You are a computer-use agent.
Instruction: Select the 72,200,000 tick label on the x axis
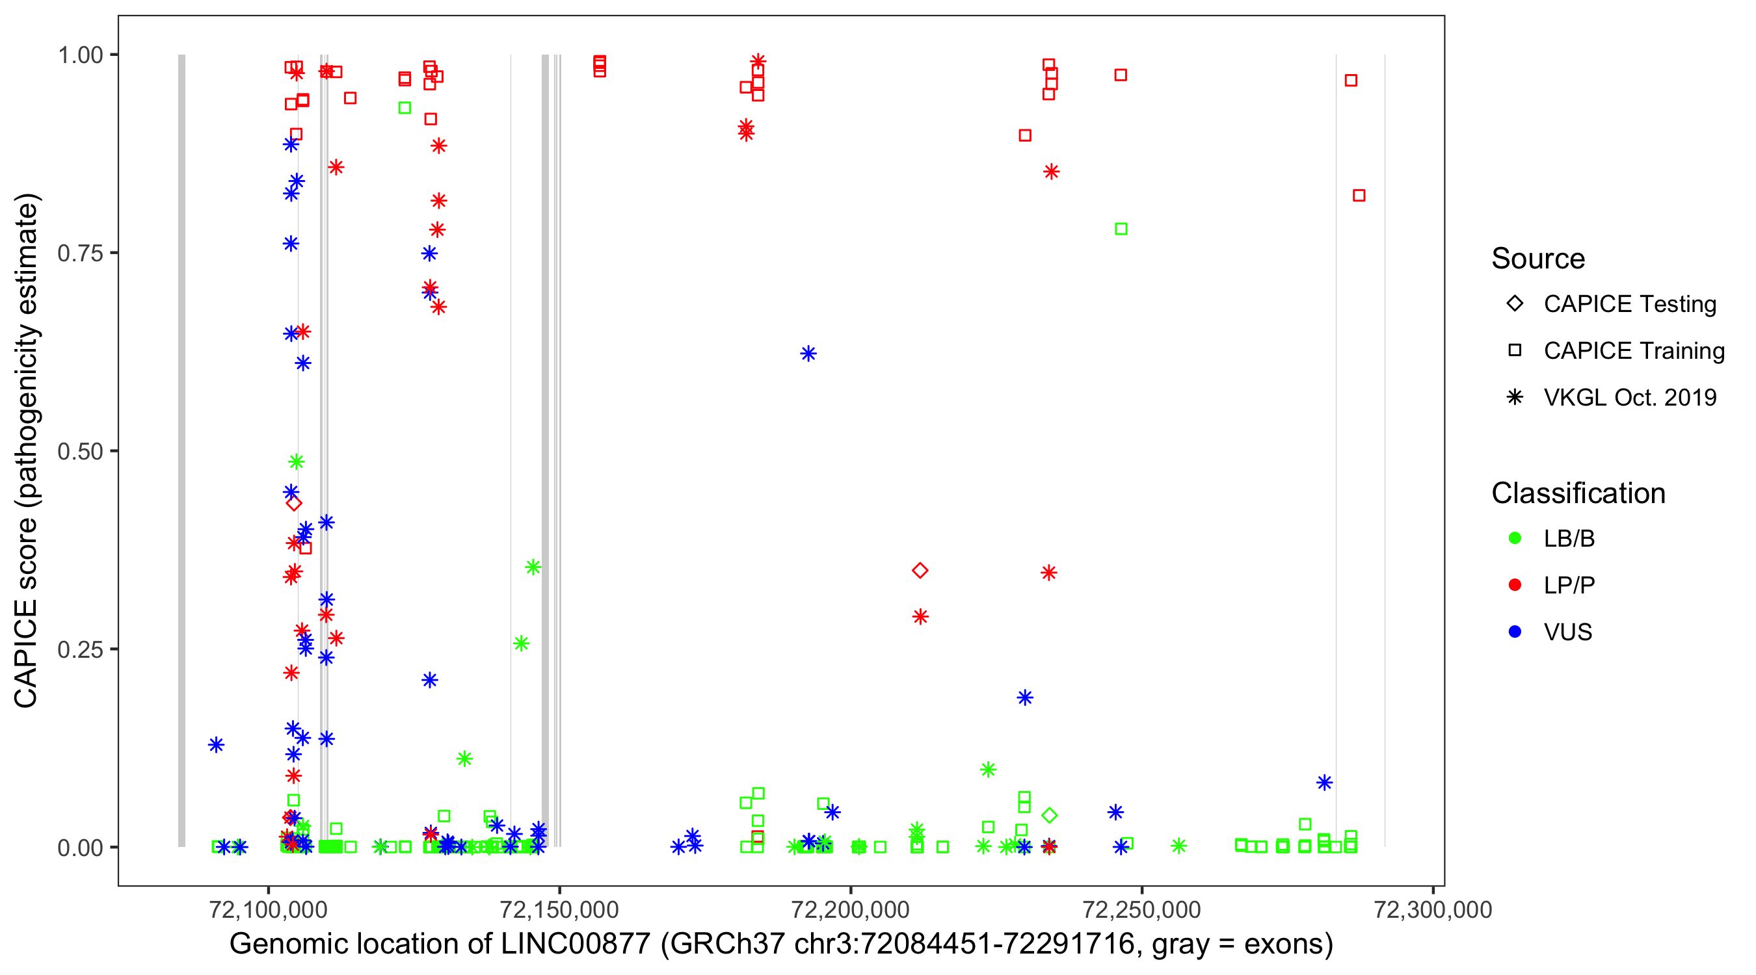pos(850,909)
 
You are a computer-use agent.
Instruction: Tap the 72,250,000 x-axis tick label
pos(1141,909)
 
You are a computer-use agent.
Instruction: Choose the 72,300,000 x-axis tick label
pos(1432,909)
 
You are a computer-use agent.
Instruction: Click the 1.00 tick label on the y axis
pos(80,55)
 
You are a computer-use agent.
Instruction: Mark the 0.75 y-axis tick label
pos(80,253)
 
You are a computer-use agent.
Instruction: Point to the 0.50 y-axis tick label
pos(80,451)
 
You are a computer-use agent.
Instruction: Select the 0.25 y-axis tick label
pos(80,649)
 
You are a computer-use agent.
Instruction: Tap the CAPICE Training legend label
pos(1634,351)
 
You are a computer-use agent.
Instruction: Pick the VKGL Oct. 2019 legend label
pos(1630,398)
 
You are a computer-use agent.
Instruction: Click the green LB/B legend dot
pos(1515,539)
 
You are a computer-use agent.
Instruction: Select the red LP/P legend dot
pos(1515,585)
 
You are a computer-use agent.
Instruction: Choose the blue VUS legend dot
pos(1515,632)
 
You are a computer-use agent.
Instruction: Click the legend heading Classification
pos(1578,493)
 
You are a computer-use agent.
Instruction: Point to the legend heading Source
pos(1538,259)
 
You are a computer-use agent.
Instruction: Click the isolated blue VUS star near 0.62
pos(808,354)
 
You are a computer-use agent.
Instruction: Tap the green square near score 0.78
pos(1121,229)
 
